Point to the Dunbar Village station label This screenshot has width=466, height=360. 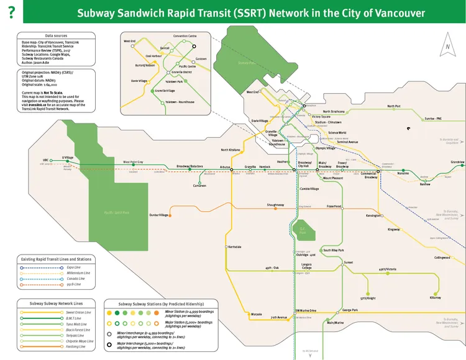coord(158,215)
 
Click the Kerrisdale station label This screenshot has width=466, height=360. coord(234,247)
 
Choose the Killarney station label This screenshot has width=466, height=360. coord(435,298)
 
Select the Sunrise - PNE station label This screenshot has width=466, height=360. coord(433,118)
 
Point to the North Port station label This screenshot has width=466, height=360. coord(394,106)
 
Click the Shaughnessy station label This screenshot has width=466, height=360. coord(275,204)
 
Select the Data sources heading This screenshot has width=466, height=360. coord(57,37)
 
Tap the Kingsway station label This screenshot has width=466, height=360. coord(394,229)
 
